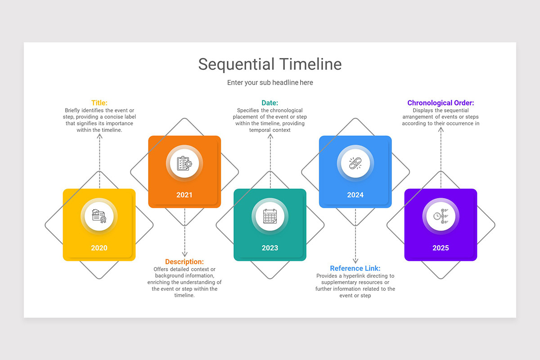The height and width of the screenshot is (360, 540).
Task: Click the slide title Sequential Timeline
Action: pos(270,64)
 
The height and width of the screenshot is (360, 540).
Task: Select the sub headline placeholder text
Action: pos(270,83)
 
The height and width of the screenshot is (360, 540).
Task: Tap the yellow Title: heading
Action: pos(99,103)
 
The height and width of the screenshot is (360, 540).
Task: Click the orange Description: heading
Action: pos(184,262)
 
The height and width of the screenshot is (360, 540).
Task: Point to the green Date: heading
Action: pos(270,103)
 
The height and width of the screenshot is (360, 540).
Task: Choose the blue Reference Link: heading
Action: pos(355,269)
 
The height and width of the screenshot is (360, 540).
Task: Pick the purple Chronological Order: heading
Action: pos(441,103)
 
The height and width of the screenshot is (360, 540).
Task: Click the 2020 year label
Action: pos(99,248)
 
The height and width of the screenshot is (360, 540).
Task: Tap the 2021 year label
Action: pos(184,195)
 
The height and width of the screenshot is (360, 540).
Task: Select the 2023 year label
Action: pos(270,248)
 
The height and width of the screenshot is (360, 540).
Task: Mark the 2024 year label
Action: pos(355,195)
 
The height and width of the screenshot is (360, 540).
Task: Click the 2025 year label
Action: pos(441,248)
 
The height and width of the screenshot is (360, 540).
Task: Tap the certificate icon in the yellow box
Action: pos(99,216)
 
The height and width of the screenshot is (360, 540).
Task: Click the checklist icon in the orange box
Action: pos(184,163)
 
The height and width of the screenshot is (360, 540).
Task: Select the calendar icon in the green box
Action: pos(270,216)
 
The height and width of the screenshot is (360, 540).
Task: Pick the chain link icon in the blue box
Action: pos(355,163)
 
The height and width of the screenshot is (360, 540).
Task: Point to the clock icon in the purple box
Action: pos(441,216)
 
